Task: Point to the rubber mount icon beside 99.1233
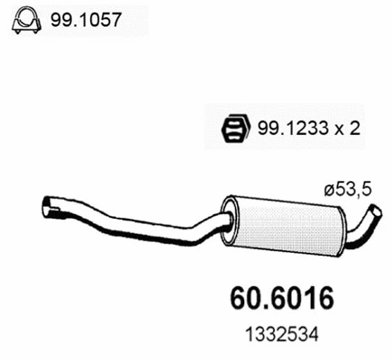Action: point(236,128)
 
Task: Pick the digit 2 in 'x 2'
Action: point(356,129)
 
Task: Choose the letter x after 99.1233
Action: point(341,130)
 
